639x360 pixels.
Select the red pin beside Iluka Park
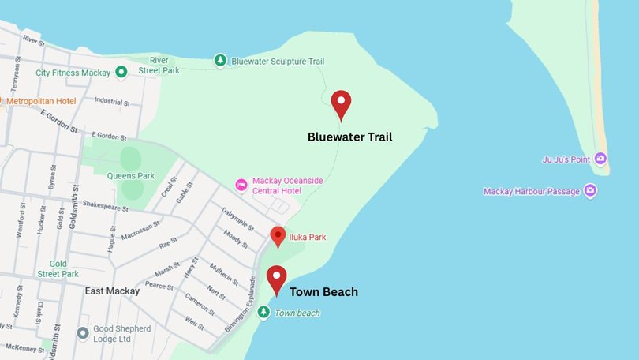278,236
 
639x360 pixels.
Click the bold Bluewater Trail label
349,137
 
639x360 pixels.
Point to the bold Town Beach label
323,292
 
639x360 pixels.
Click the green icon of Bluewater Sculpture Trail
221,61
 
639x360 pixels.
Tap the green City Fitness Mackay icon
121,73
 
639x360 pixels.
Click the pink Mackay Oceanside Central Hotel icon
241,185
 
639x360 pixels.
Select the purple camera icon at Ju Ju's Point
601,159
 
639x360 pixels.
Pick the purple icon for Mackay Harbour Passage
589,191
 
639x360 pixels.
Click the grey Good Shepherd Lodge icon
82,333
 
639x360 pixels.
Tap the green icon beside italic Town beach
263,313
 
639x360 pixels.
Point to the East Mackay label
112,291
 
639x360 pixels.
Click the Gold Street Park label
59,268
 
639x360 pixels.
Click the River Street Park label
160,66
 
